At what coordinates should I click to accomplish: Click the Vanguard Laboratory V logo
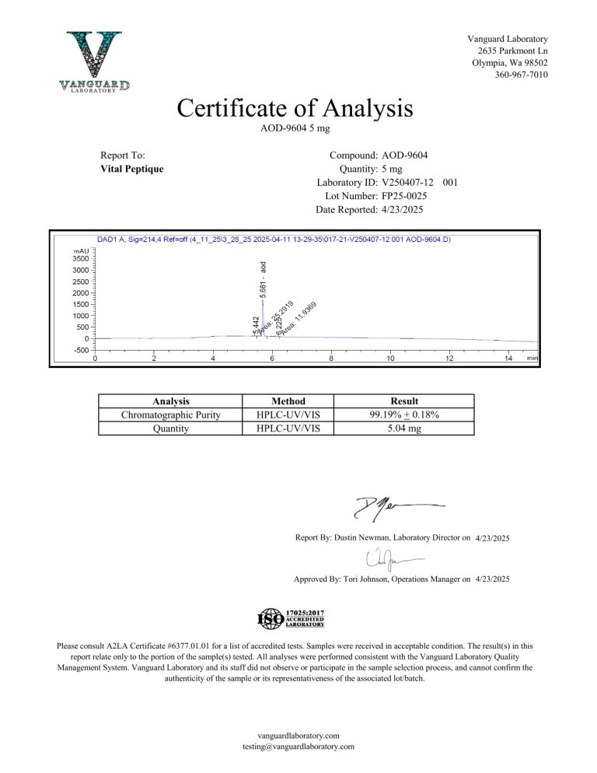(x=94, y=61)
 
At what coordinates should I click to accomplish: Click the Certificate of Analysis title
(x=295, y=108)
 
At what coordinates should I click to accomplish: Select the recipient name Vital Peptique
(x=132, y=169)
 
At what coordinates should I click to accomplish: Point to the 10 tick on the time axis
(x=390, y=358)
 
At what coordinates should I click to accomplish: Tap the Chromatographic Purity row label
(x=171, y=414)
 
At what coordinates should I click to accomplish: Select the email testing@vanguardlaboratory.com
(x=298, y=747)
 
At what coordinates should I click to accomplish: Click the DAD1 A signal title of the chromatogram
(x=272, y=240)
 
